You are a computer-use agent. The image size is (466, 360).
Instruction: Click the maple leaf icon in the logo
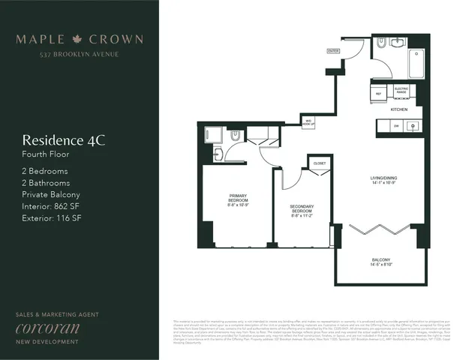[79, 39]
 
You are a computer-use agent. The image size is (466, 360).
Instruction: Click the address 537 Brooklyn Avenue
[80, 54]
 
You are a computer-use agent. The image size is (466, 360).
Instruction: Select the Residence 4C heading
[64, 139]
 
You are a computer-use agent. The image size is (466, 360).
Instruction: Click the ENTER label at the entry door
[333, 50]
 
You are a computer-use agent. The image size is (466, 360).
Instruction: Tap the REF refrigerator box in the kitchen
[378, 94]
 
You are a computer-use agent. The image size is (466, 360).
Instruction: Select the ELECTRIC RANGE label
[401, 91]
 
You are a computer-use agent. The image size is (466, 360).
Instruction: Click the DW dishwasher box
[395, 127]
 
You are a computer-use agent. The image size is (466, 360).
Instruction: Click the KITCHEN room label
[398, 109]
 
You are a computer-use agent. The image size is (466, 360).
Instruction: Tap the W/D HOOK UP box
[308, 121]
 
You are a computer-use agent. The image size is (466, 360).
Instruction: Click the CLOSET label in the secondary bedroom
[320, 163]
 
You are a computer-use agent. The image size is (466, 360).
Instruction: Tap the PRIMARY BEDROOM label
[239, 199]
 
